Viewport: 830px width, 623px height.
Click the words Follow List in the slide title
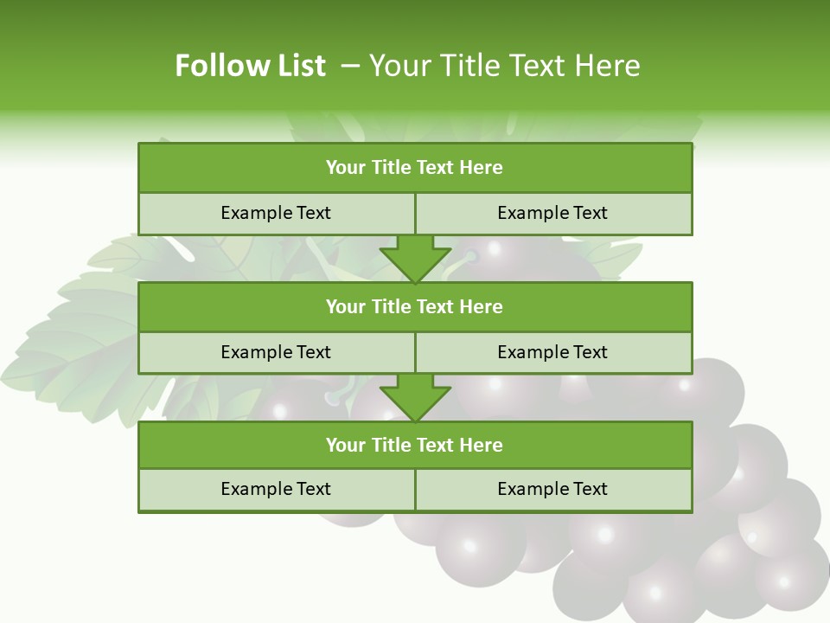[x=250, y=66]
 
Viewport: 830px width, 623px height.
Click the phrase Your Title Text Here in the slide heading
[x=504, y=66]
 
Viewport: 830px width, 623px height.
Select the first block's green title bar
[x=415, y=168]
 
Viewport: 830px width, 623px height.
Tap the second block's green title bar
[x=415, y=306]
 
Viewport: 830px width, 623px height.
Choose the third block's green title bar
[x=415, y=445]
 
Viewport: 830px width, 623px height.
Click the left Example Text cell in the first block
[x=276, y=213]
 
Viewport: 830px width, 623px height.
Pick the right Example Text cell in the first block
[x=552, y=213]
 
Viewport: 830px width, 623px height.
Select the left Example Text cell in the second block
[x=276, y=352]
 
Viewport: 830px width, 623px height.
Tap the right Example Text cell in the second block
[x=552, y=352]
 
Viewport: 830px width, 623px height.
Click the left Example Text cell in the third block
[x=276, y=489]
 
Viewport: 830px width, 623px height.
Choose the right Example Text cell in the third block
[x=552, y=489]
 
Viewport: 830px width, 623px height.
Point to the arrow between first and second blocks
[x=415, y=258]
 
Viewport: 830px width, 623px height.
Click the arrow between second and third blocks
[x=415, y=397]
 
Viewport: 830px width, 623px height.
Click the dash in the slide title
[x=350, y=66]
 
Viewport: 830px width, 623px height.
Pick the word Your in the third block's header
[x=345, y=445]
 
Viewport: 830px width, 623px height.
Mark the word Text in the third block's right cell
[x=589, y=489]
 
